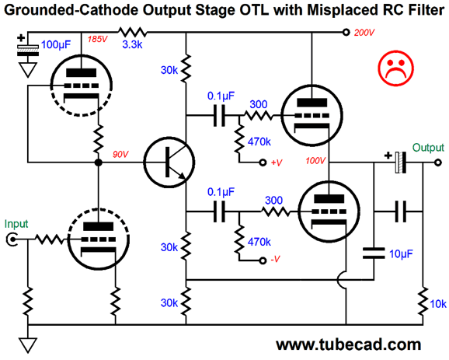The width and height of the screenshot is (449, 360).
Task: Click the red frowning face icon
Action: pos(395,68)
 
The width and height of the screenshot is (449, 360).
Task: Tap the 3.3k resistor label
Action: pos(132,45)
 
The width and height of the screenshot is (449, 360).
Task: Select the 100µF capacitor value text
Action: pos(56,45)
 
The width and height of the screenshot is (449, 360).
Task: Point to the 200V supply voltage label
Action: pos(364,33)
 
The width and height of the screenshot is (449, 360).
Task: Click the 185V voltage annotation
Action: pos(97,39)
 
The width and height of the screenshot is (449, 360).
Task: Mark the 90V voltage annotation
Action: pos(120,154)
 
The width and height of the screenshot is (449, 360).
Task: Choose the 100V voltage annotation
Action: pos(315,160)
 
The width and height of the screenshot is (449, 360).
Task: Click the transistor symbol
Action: pos(169,163)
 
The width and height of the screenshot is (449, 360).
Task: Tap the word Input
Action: pos(16,224)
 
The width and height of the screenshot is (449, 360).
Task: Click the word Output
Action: pos(428,148)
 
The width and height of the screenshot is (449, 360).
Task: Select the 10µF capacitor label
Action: pos(401,253)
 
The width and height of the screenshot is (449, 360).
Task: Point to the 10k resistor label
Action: pos(438,304)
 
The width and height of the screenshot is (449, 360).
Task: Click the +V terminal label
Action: pos(277,163)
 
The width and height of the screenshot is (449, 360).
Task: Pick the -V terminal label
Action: pos(275,259)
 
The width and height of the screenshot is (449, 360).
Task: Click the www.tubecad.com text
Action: pos(349,344)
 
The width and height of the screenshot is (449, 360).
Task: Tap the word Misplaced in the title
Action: pos(339,10)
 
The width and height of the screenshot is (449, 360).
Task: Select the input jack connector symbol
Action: pos(12,239)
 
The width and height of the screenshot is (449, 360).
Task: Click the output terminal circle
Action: pos(437,163)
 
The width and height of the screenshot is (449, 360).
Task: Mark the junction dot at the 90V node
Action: pos(98,163)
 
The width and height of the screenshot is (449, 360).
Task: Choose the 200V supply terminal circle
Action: pos(346,32)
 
